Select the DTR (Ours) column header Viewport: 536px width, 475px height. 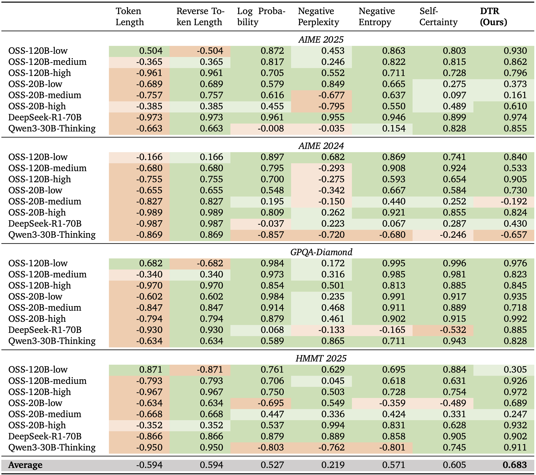click(x=493, y=16)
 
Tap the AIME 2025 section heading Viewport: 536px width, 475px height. click(x=321, y=39)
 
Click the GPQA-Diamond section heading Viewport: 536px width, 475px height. click(x=321, y=252)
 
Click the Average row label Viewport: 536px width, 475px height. click(x=25, y=465)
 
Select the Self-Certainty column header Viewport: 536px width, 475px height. click(x=438, y=16)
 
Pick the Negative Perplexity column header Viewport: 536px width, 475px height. click(x=318, y=16)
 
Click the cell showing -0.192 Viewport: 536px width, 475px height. click(x=513, y=201)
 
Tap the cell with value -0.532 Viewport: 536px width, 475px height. click(x=453, y=330)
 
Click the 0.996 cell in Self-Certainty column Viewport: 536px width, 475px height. click(x=454, y=263)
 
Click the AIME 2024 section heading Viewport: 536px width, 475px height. click(x=321, y=146)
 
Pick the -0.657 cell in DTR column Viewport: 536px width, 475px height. click(x=513, y=235)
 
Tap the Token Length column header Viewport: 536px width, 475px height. click(x=130, y=16)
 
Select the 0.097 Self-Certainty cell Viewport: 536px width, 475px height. click(x=454, y=95)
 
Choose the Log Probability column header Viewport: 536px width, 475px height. click(x=261, y=16)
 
